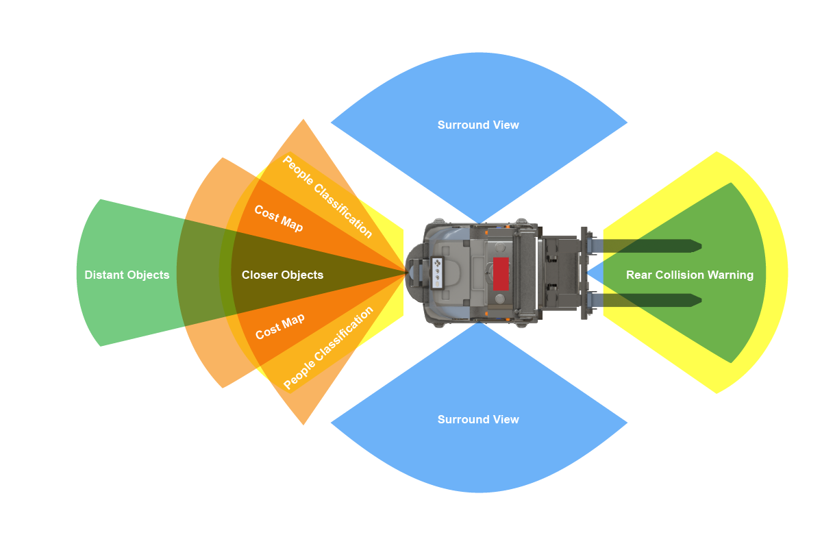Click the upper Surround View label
(x=478, y=125)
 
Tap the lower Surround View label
(x=478, y=419)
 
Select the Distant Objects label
(x=127, y=275)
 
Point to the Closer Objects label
(x=282, y=275)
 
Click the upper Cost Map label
(x=279, y=219)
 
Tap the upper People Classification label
(x=328, y=197)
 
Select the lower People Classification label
(x=328, y=348)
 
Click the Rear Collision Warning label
(x=689, y=275)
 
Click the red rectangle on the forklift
(x=501, y=273)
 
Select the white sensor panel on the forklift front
(x=437, y=272)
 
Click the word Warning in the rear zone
(x=731, y=275)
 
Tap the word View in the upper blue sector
(x=506, y=125)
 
